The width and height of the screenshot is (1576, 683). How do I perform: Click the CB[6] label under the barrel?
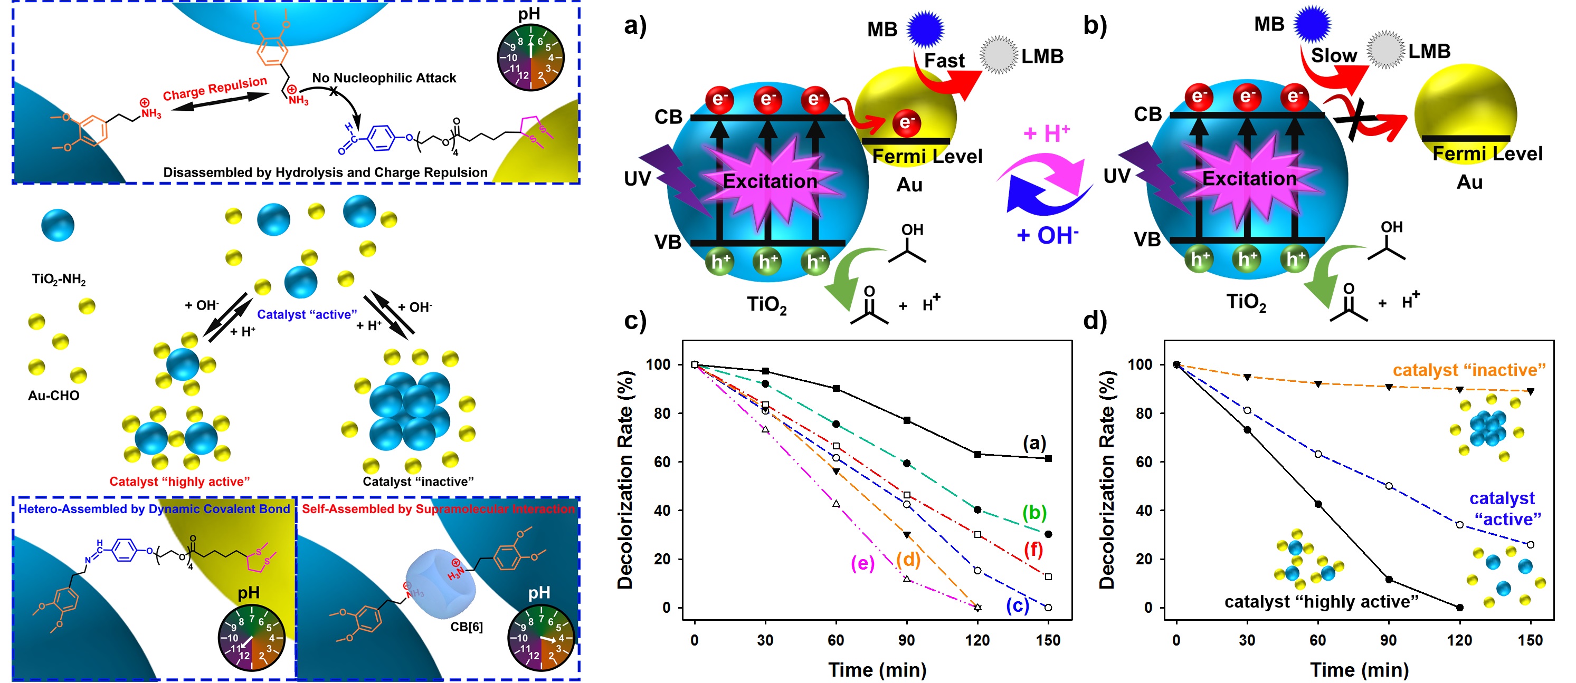pos(466,627)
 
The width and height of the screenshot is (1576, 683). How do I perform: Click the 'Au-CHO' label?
pos(54,396)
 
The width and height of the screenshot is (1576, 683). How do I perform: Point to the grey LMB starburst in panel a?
pos(999,55)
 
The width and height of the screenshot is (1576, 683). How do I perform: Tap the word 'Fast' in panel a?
pos(944,61)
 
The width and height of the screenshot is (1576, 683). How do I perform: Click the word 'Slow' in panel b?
pos(1334,56)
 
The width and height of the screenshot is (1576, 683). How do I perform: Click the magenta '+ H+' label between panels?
pos(1047,133)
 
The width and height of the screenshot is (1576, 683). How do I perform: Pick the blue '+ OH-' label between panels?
pos(1047,235)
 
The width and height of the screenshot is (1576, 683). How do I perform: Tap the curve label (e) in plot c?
pos(862,563)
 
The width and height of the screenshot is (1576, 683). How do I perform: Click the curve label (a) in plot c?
pos(1034,442)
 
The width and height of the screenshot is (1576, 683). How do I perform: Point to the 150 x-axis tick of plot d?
pos(1530,640)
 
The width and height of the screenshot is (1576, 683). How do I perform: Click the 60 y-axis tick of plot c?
pos(662,462)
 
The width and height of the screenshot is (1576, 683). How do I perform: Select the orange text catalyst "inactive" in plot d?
pos(1469,370)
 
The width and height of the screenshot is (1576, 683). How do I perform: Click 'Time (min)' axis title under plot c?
pos(877,669)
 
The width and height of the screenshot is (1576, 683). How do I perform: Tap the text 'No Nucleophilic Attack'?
pos(384,78)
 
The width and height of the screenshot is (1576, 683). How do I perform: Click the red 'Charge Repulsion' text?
pos(215,88)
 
